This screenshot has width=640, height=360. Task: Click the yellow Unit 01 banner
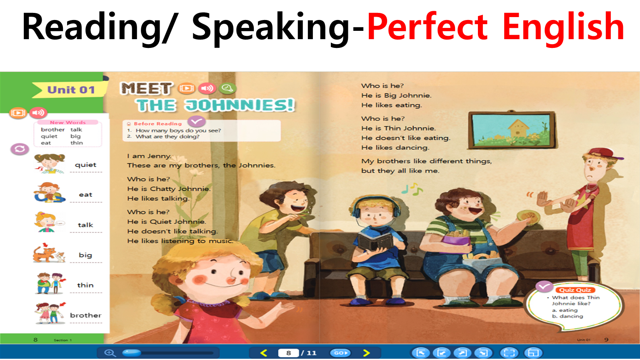pyautogui.click(x=70, y=90)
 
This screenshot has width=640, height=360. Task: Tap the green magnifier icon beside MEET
pyautogui.click(x=227, y=88)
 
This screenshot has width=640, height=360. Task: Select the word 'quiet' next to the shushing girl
pyautogui.click(x=85, y=165)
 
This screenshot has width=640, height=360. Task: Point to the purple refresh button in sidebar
pyautogui.click(x=20, y=149)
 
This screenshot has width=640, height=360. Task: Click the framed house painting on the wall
pyautogui.click(x=512, y=130)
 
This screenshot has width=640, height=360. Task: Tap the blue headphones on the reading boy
pyautogui.click(x=375, y=206)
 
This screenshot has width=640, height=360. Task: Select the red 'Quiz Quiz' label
pyautogui.click(x=575, y=290)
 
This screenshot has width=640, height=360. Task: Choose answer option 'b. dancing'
pyautogui.click(x=567, y=316)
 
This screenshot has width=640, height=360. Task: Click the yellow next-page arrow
pyautogui.click(x=366, y=353)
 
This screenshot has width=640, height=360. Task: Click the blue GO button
pyautogui.click(x=340, y=353)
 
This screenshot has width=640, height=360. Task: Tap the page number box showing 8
pyautogui.click(x=289, y=353)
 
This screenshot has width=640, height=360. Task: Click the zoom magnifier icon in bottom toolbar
pyautogui.click(x=110, y=353)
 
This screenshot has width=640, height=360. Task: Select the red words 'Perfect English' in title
pyautogui.click(x=495, y=27)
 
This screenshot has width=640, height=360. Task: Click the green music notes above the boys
pyautogui.click(x=412, y=189)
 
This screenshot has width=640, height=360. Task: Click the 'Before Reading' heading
pyautogui.click(x=158, y=124)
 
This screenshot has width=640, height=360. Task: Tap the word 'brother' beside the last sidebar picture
pyautogui.click(x=86, y=315)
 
